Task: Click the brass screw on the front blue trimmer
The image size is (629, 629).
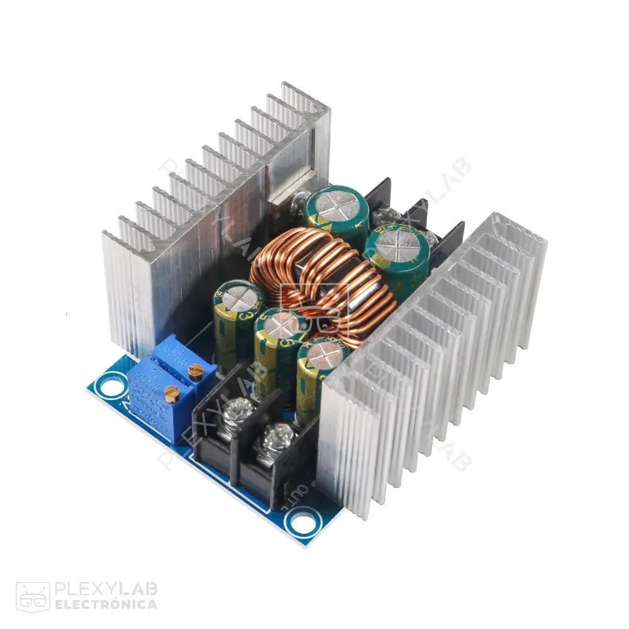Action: click(171, 394)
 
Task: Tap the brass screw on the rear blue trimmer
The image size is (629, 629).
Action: click(196, 370)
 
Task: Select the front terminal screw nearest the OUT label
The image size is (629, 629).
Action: click(277, 434)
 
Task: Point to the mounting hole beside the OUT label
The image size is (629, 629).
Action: click(302, 521)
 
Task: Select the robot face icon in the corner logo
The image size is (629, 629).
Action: click(33, 596)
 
